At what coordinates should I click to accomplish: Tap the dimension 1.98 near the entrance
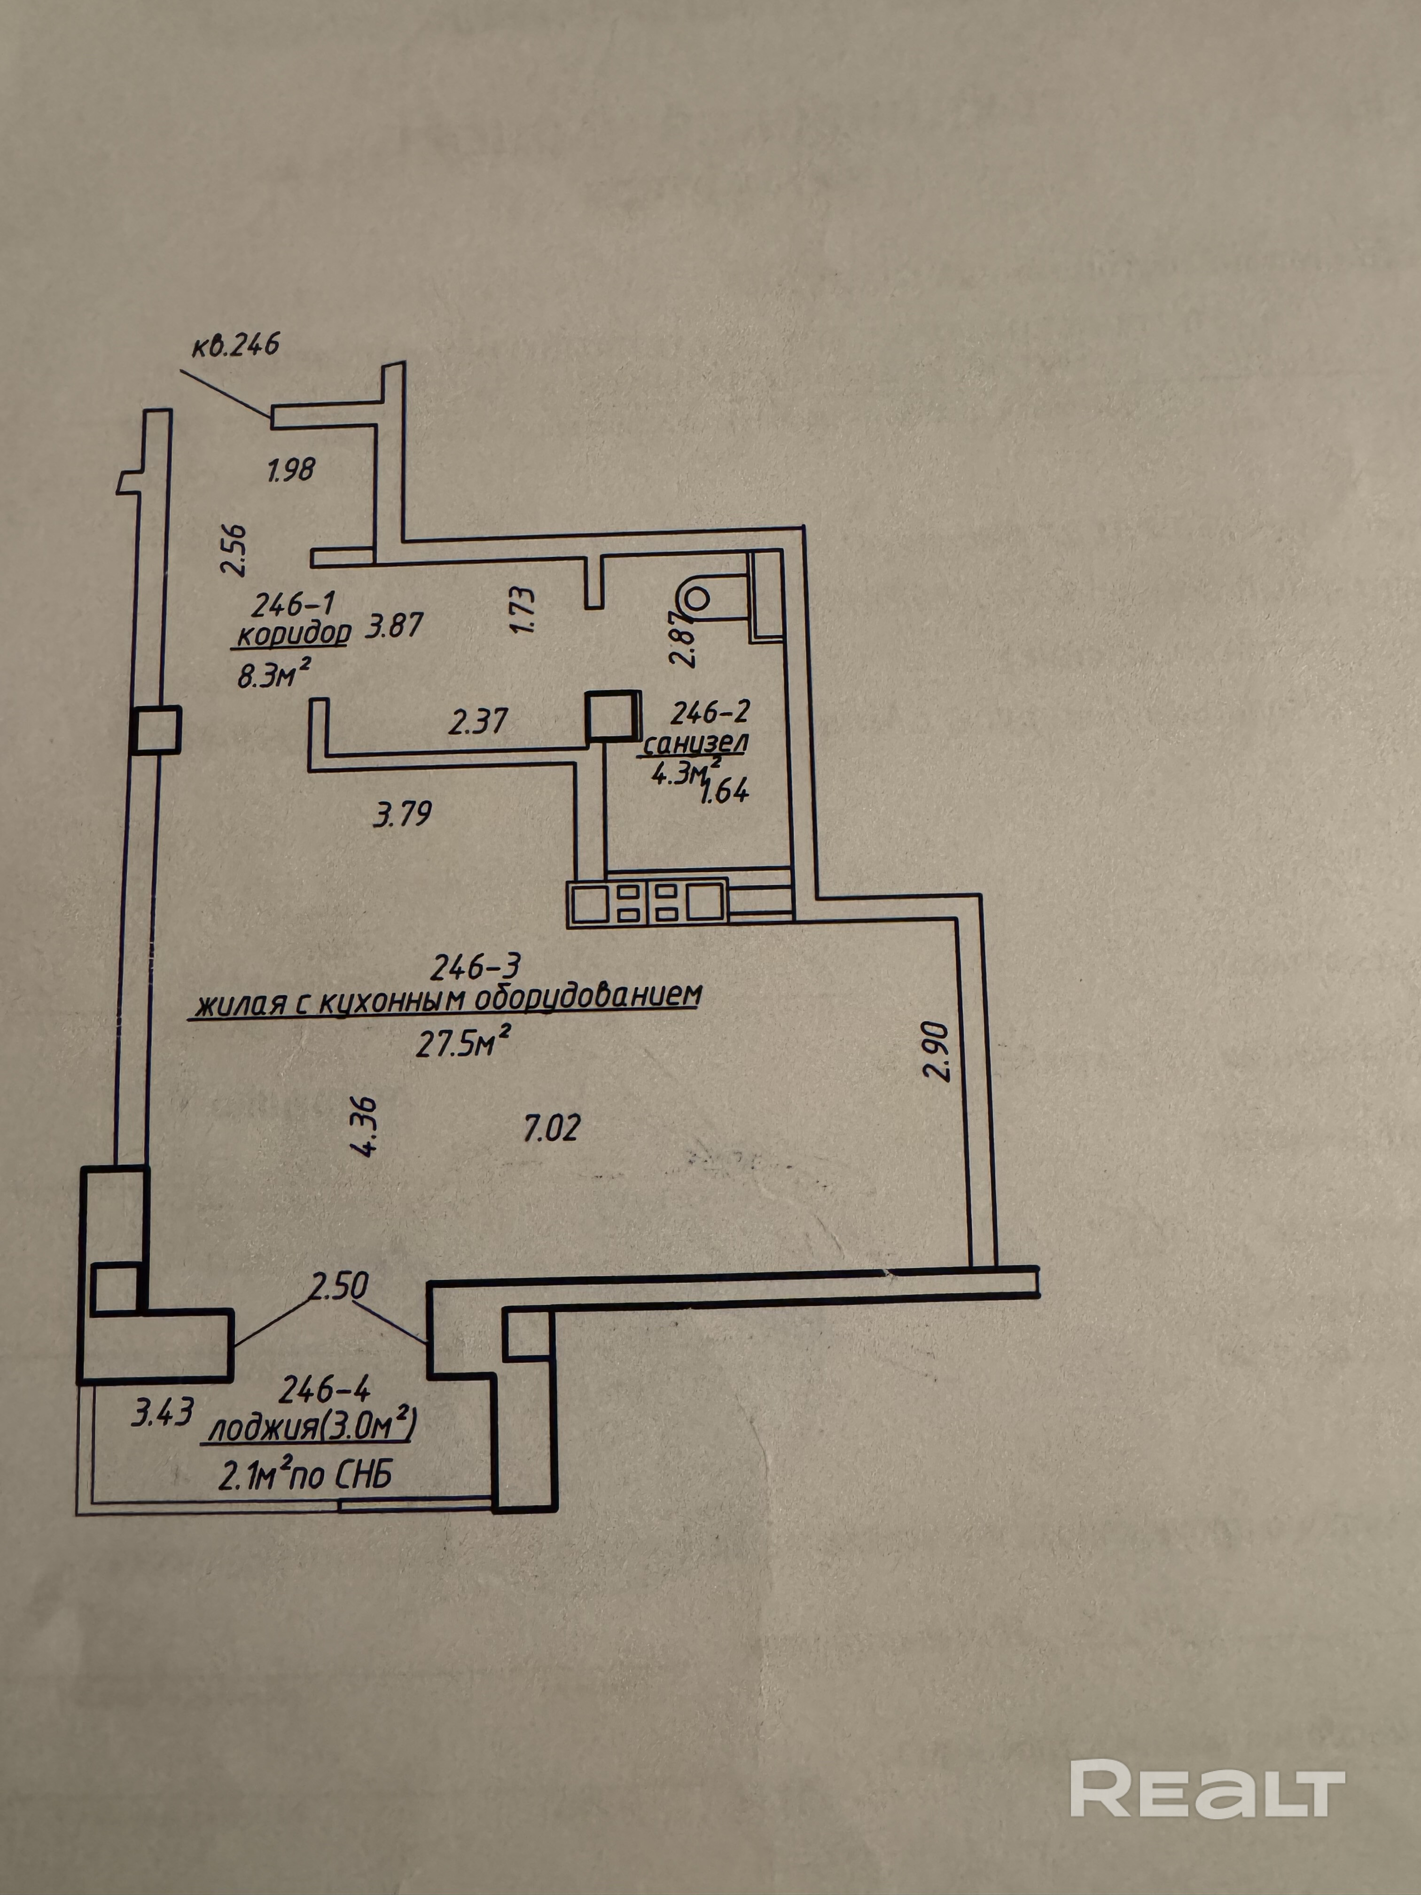pyautogui.click(x=291, y=470)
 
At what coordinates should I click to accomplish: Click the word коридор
pyautogui.click(x=294, y=635)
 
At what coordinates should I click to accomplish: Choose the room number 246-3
pyautogui.click(x=476, y=967)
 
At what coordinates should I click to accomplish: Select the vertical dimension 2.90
pyautogui.click(x=939, y=1051)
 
